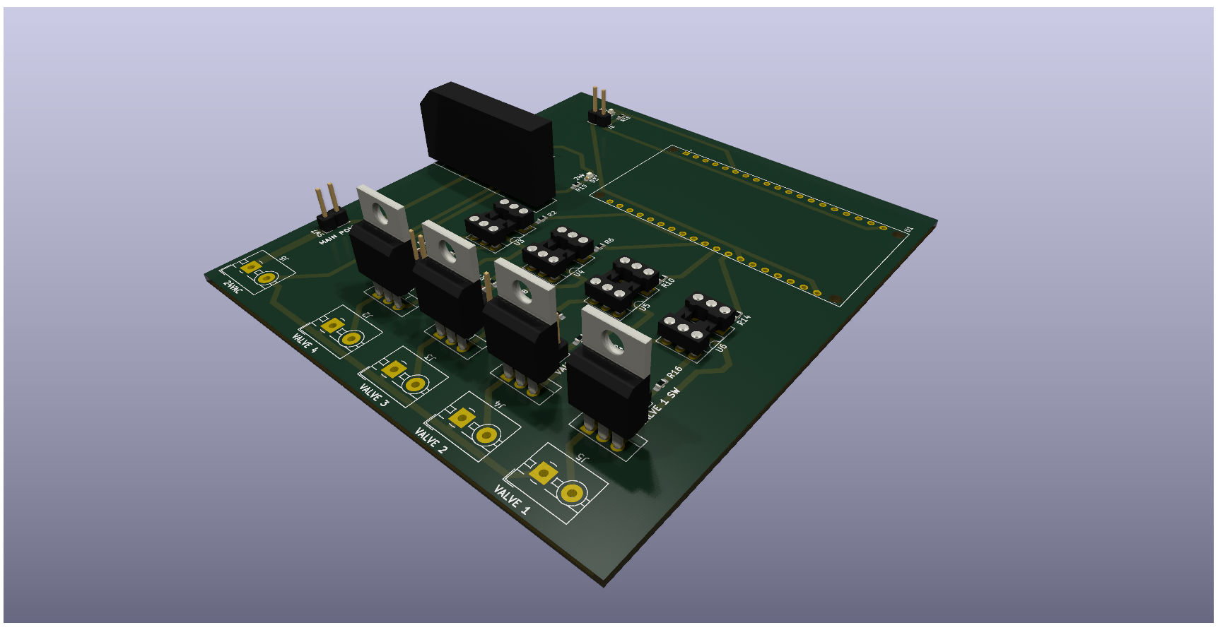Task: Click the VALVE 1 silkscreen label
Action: (511, 499)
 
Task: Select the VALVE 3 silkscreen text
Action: (374, 396)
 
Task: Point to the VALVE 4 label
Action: (305, 343)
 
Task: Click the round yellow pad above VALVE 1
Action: (572, 492)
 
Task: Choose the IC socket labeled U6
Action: (697, 322)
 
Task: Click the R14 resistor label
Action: (743, 319)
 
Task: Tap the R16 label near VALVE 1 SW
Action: (674, 372)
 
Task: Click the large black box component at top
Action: (488, 141)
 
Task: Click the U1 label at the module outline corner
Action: (909, 229)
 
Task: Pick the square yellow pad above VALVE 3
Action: (392, 369)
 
